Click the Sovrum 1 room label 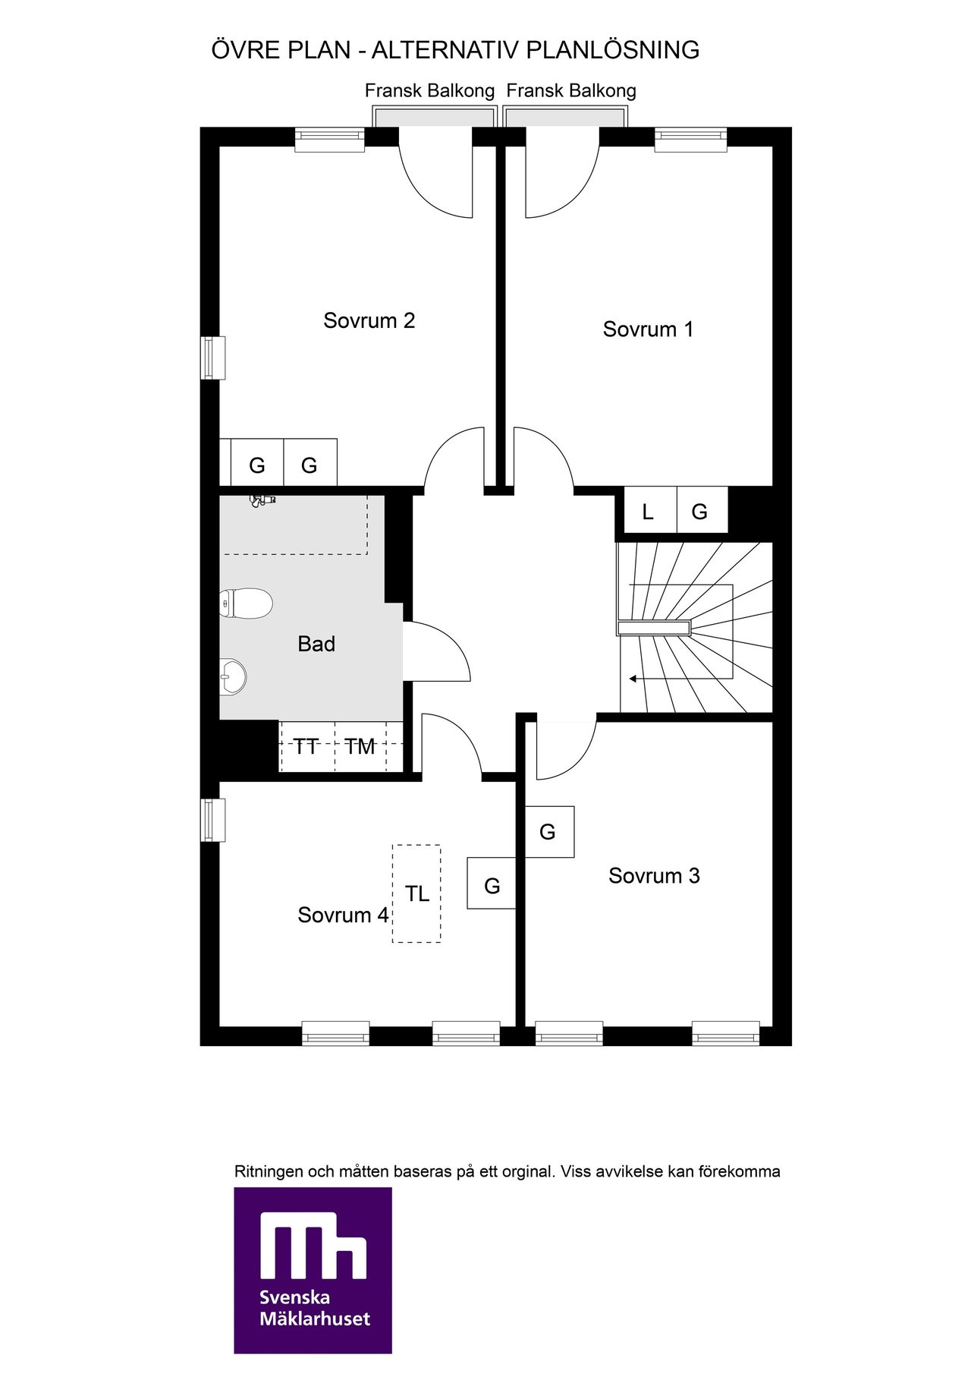648,329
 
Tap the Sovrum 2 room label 369,320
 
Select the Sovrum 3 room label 654,876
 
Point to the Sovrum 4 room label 343,915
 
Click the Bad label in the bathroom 316,644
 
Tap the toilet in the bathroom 246,604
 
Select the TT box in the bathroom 307,747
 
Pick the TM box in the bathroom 360,747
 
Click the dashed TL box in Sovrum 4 416,894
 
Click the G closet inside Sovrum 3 549,832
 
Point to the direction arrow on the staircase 643,679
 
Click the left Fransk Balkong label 429,91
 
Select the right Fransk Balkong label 571,91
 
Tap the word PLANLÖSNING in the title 613,50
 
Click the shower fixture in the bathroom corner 262,499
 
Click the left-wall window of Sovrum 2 212,358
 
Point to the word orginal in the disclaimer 527,1171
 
